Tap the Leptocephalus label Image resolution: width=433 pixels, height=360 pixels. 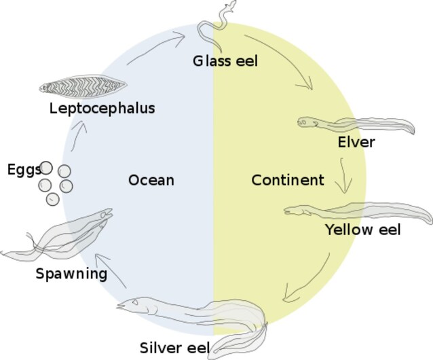[x=102, y=108]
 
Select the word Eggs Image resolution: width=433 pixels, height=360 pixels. [x=24, y=170]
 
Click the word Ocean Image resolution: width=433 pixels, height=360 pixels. [x=151, y=180]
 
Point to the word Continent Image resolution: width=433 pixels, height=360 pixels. [x=287, y=180]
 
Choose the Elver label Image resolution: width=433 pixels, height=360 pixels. [x=356, y=143]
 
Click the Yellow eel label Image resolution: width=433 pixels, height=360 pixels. [x=362, y=230]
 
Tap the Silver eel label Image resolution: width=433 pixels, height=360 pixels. [x=174, y=348]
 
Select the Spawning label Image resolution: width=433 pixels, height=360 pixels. [x=71, y=274]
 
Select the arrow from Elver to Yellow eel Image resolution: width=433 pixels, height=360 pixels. [x=346, y=175]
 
